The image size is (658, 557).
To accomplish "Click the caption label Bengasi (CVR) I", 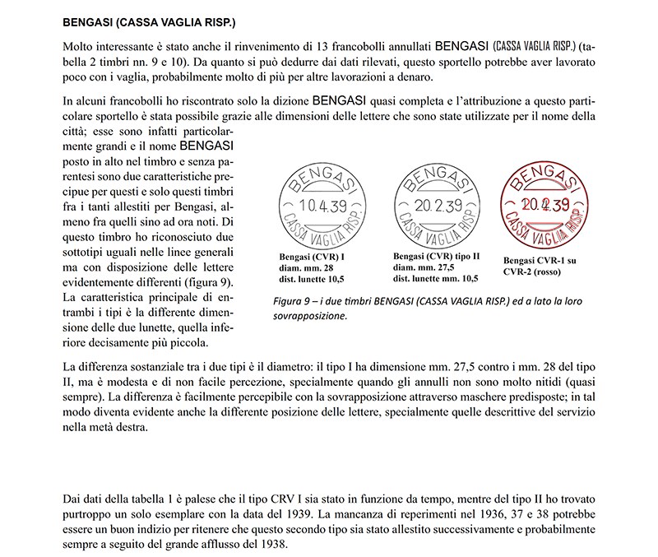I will [x=313, y=257].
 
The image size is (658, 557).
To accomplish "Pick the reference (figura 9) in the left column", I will [x=204, y=281].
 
